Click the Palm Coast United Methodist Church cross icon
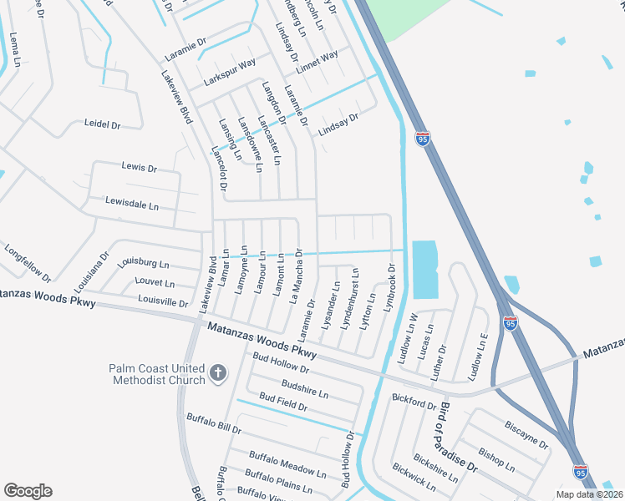[217, 373]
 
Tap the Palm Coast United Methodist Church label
[156, 374]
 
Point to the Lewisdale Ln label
[131, 202]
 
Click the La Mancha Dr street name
[295, 274]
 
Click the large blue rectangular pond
[424, 269]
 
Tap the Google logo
[28, 491]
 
